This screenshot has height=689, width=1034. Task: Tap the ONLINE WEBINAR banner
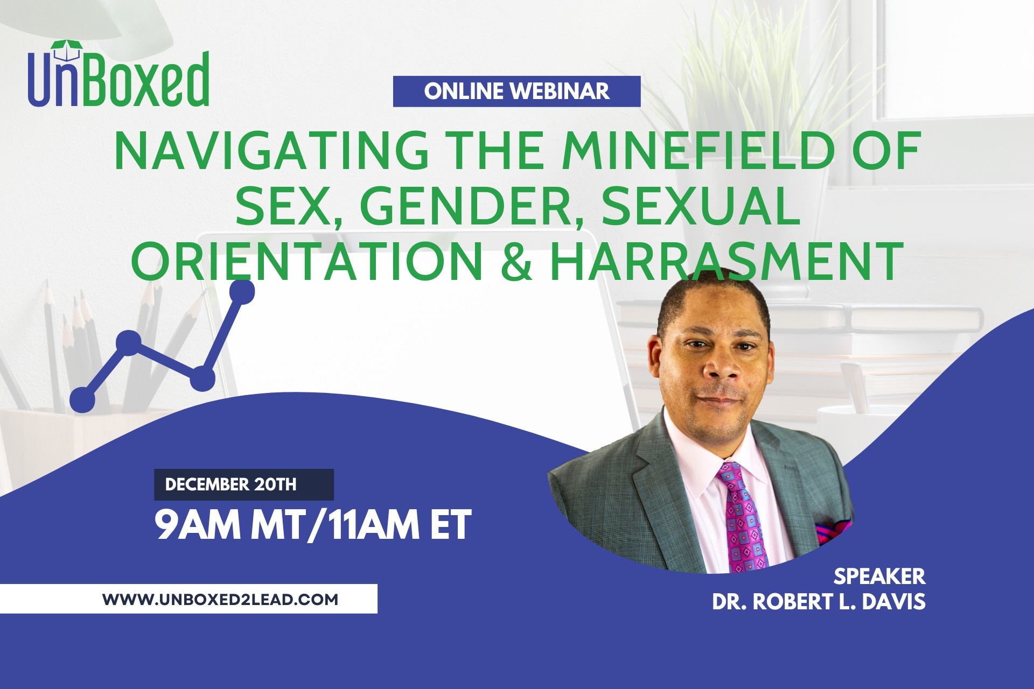tap(516, 91)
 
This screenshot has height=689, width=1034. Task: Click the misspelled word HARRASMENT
tap(726, 261)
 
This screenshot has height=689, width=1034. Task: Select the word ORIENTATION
tap(308, 261)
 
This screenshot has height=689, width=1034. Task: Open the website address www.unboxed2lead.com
tap(220, 599)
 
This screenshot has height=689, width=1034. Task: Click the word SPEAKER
tap(879, 576)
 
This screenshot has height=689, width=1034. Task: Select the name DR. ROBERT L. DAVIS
tap(819, 602)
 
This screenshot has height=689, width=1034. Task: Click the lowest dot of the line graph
tap(82, 400)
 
